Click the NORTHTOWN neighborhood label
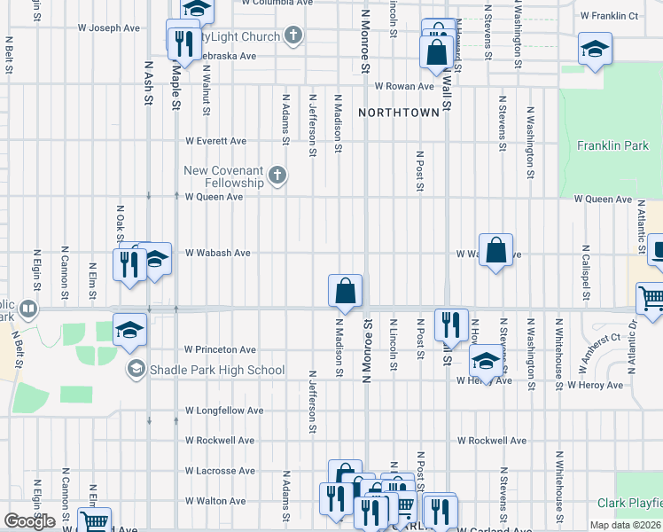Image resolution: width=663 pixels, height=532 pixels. (398, 113)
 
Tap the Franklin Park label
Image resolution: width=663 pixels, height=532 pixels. (612, 145)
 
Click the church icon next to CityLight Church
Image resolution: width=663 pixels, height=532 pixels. (294, 36)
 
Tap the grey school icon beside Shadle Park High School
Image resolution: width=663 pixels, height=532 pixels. (136, 369)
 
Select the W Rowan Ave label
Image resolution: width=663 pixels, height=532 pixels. (403, 86)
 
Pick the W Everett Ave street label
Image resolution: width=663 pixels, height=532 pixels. (215, 141)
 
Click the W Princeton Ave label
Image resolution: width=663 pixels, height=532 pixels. (220, 350)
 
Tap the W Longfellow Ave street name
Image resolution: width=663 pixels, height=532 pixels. (224, 411)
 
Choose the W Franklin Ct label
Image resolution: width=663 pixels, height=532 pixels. (609, 16)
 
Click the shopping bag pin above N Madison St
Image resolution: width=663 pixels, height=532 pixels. (345, 290)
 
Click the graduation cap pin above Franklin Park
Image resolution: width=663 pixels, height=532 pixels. (594, 49)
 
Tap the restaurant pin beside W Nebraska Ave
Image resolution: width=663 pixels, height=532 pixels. (183, 43)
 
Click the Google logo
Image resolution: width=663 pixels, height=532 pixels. (29, 521)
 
